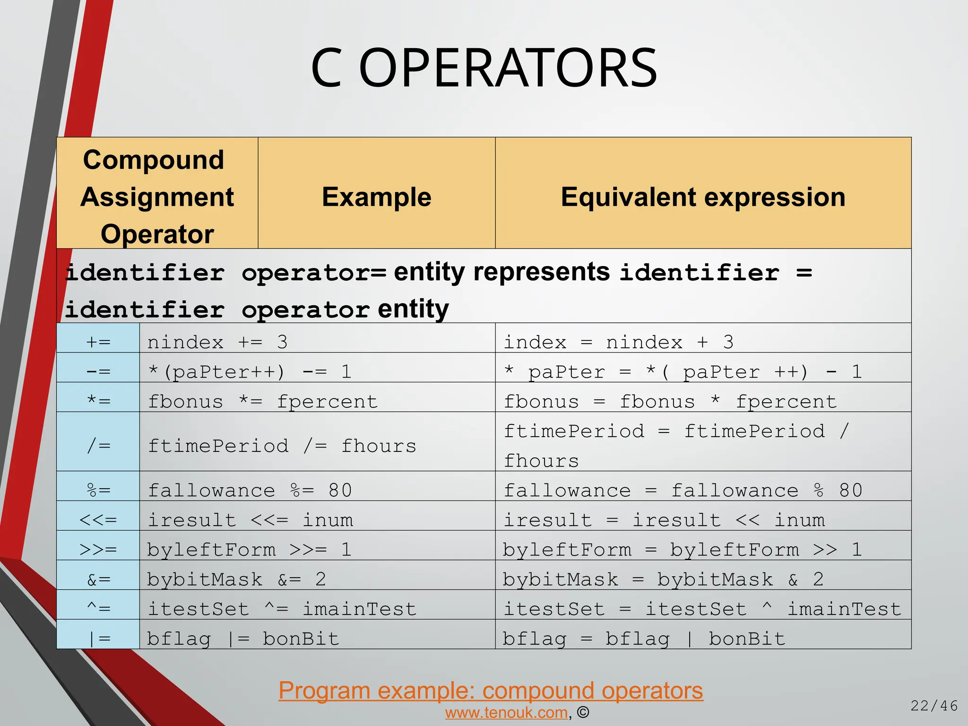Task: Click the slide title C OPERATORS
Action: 484,69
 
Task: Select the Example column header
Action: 376,197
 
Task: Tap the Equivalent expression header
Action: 703,197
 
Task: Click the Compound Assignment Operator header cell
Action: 157,197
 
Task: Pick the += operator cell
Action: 98,342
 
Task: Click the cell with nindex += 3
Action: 217,342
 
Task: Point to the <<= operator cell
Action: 98,520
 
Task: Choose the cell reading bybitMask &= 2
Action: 236,579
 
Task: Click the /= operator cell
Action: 98,445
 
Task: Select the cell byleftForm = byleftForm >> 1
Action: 682,550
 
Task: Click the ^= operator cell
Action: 98,609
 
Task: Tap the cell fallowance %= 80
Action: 250,490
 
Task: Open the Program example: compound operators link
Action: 491,691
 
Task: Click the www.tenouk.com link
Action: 506,713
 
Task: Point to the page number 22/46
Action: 934,706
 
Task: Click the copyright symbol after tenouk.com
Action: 583,713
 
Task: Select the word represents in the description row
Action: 541,272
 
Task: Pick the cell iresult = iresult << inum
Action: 664,520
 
